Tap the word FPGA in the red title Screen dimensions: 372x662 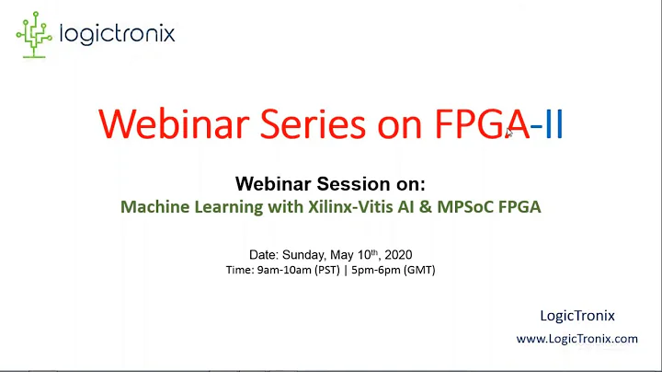[x=473, y=124]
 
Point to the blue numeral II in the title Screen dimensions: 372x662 [x=553, y=124]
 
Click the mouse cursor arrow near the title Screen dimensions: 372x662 [x=508, y=134]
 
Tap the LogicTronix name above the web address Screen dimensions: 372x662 [x=576, y=316]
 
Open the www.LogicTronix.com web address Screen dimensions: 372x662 [x=576, y=339]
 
